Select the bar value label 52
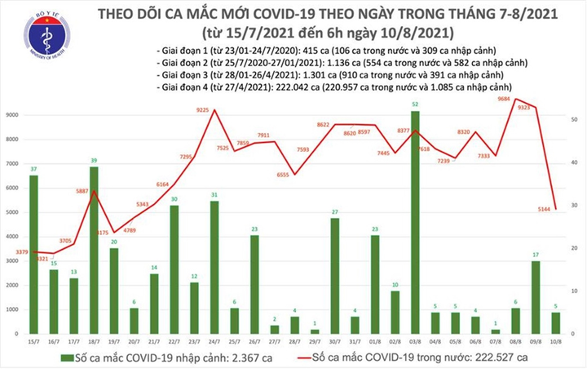coord(415,104)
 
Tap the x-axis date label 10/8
coord(556,342)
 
